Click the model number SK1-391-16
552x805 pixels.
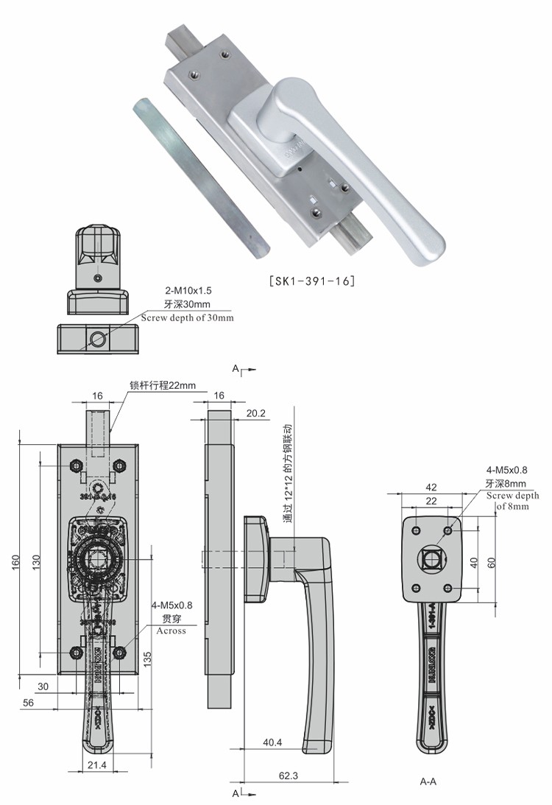[x=313, y=281]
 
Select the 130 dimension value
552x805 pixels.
[x=35, y=561]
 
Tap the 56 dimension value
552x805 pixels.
[x=29, y=703]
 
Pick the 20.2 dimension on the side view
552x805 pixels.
[x=256, y=413]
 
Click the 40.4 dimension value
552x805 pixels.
[x=272, y=743]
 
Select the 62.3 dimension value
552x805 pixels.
[x=289, y=776]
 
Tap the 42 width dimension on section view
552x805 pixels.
[x=431, y=487]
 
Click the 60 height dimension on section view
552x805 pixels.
[x=491, y=562]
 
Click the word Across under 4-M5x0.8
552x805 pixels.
[x=171, y=631]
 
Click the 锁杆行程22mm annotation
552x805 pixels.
[x=162, y=384]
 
